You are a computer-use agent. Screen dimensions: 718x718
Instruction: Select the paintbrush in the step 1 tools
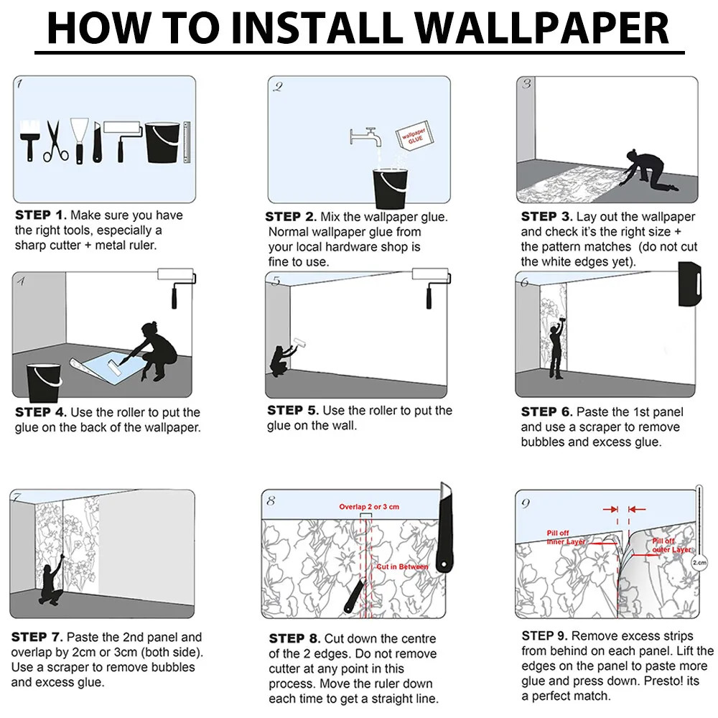coord(29,141)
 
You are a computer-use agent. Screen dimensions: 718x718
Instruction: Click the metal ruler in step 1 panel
coord(187,142)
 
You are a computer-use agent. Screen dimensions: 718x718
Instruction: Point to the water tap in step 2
coord(364,136)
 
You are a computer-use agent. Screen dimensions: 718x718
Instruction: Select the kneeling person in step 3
coord(647,171)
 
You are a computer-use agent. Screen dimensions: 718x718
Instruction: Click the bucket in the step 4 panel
coord(44,383)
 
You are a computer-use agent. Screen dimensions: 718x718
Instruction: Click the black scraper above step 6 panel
coord(689,284)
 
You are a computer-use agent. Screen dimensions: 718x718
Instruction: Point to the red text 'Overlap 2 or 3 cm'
coord(369,506)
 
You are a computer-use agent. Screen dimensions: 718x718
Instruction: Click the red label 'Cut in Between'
coord(402,567)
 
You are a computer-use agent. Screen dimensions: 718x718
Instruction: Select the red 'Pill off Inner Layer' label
coord(565,538)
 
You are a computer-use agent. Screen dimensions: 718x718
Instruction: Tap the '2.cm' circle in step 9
coord(699,563)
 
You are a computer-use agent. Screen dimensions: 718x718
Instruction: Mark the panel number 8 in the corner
coord(271,501)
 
